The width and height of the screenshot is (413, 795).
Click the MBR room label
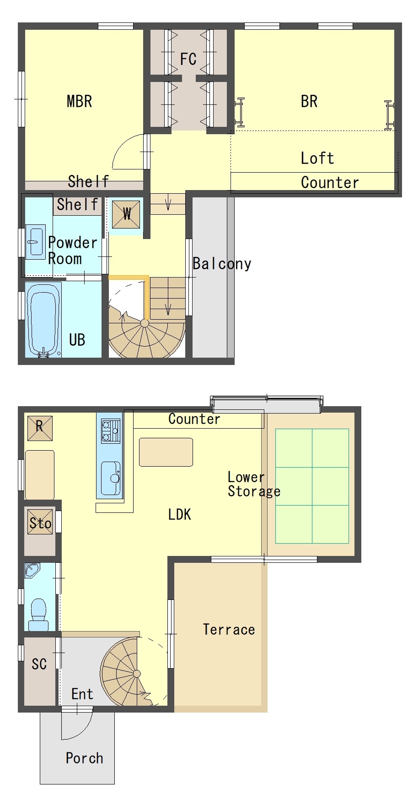click(79, 101)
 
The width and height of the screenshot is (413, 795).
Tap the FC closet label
click(188, 59)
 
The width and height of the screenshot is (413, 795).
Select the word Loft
click(317, 158)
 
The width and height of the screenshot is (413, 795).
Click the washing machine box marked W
click(126, 214)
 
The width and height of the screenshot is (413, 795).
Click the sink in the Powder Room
click(35, 242)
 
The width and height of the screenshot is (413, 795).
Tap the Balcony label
click(222, 263)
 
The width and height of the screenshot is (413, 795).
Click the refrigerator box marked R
click(40, 428)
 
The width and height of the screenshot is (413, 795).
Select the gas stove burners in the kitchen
click(111, 431)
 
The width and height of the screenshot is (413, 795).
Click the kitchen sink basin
click(110, 478)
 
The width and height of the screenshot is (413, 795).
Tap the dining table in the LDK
click(166, 452)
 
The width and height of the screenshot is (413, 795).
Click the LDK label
click(179, 514)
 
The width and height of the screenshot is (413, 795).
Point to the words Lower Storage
click(254, 484)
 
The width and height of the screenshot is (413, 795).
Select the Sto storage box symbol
click(40, 522)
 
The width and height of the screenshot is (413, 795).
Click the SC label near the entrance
click(39, 664)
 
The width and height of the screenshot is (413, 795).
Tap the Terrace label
click(229, 630)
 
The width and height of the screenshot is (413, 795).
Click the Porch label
click(84, 758)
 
